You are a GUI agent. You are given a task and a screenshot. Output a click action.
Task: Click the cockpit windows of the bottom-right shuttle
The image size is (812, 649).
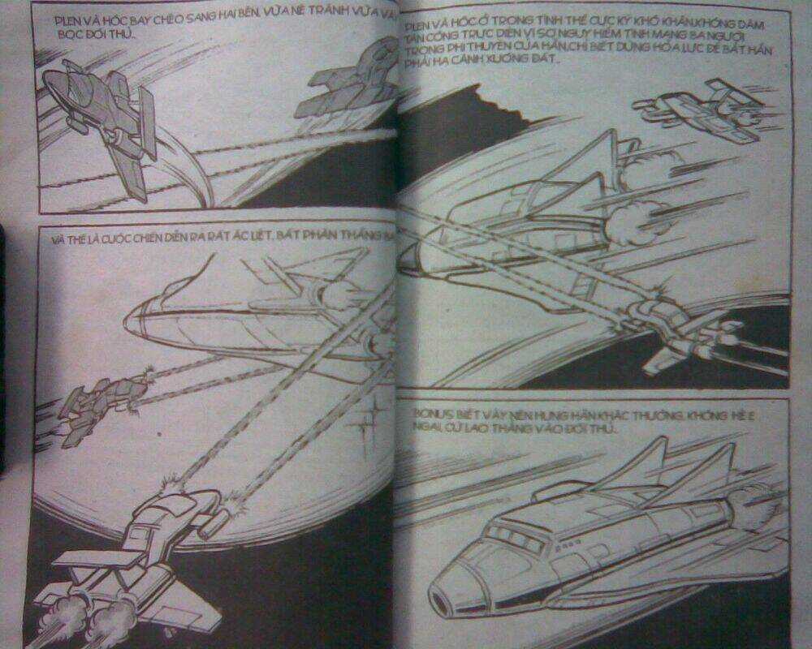coord(512,536)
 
